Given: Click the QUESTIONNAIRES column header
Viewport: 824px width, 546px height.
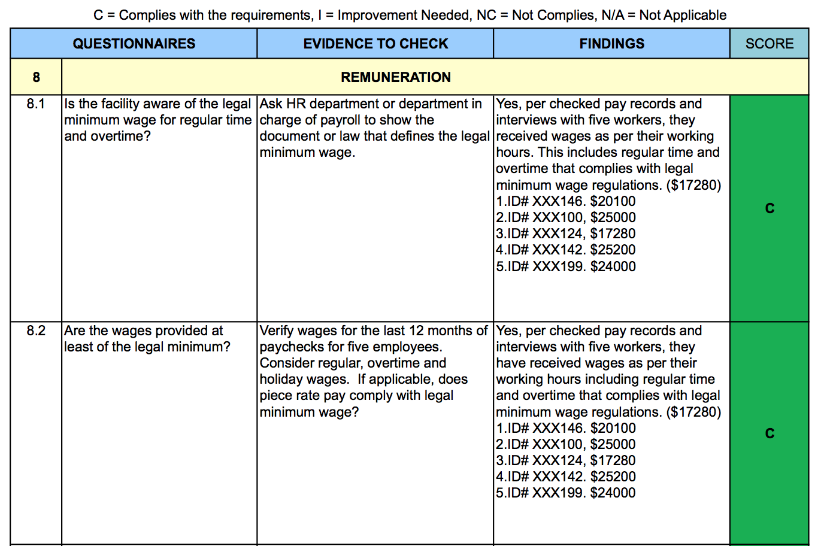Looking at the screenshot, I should tap(134, 44).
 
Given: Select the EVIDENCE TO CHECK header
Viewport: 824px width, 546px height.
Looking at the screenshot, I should tap(375, 44).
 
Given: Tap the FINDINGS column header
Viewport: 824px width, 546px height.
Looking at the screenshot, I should tap(611, 44).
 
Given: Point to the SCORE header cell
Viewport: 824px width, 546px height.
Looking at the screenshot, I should tap(769, 44).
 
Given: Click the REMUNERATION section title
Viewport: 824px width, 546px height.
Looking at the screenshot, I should tap(395, 77).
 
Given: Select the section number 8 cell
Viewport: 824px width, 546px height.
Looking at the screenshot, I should tap(36, 77).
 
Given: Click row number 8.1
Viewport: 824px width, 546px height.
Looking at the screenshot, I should tap(36, 104).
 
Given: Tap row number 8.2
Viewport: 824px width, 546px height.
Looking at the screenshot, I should tap(36, 330).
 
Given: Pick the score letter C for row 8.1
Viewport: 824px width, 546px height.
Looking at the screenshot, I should tap(770, 208).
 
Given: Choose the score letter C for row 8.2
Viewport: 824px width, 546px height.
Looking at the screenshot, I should tap(770, 433).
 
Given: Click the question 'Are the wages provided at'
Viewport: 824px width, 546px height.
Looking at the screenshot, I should tap(143, 330).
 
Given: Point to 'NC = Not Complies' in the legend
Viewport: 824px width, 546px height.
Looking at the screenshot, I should tap(532, 15).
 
